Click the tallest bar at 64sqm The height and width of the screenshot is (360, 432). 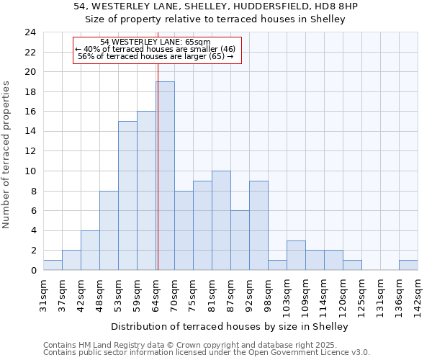pos(165,176)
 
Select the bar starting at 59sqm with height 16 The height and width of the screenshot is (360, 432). pos(146,191)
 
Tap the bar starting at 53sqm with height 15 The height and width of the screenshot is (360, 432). pos(127,196)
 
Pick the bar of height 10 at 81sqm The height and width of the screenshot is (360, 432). pos(221,220)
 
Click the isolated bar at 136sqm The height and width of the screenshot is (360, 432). pos(408,265)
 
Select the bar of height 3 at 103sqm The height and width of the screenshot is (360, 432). pos(296,256)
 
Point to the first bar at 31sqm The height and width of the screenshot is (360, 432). pos(53,265)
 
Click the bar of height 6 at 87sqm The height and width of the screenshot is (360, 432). pos(240,240)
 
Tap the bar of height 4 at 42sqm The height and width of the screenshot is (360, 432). pos(90,251)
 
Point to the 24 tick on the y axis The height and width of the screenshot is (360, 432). pos(30,32)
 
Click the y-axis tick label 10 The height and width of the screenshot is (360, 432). pos(30,171)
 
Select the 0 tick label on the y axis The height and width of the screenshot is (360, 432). pos(32,271)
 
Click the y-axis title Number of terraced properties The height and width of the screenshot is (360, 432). pos(6,155)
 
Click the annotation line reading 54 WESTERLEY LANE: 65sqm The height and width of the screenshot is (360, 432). pos(156,42)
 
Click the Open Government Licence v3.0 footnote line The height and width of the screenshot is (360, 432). pos(207,353)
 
